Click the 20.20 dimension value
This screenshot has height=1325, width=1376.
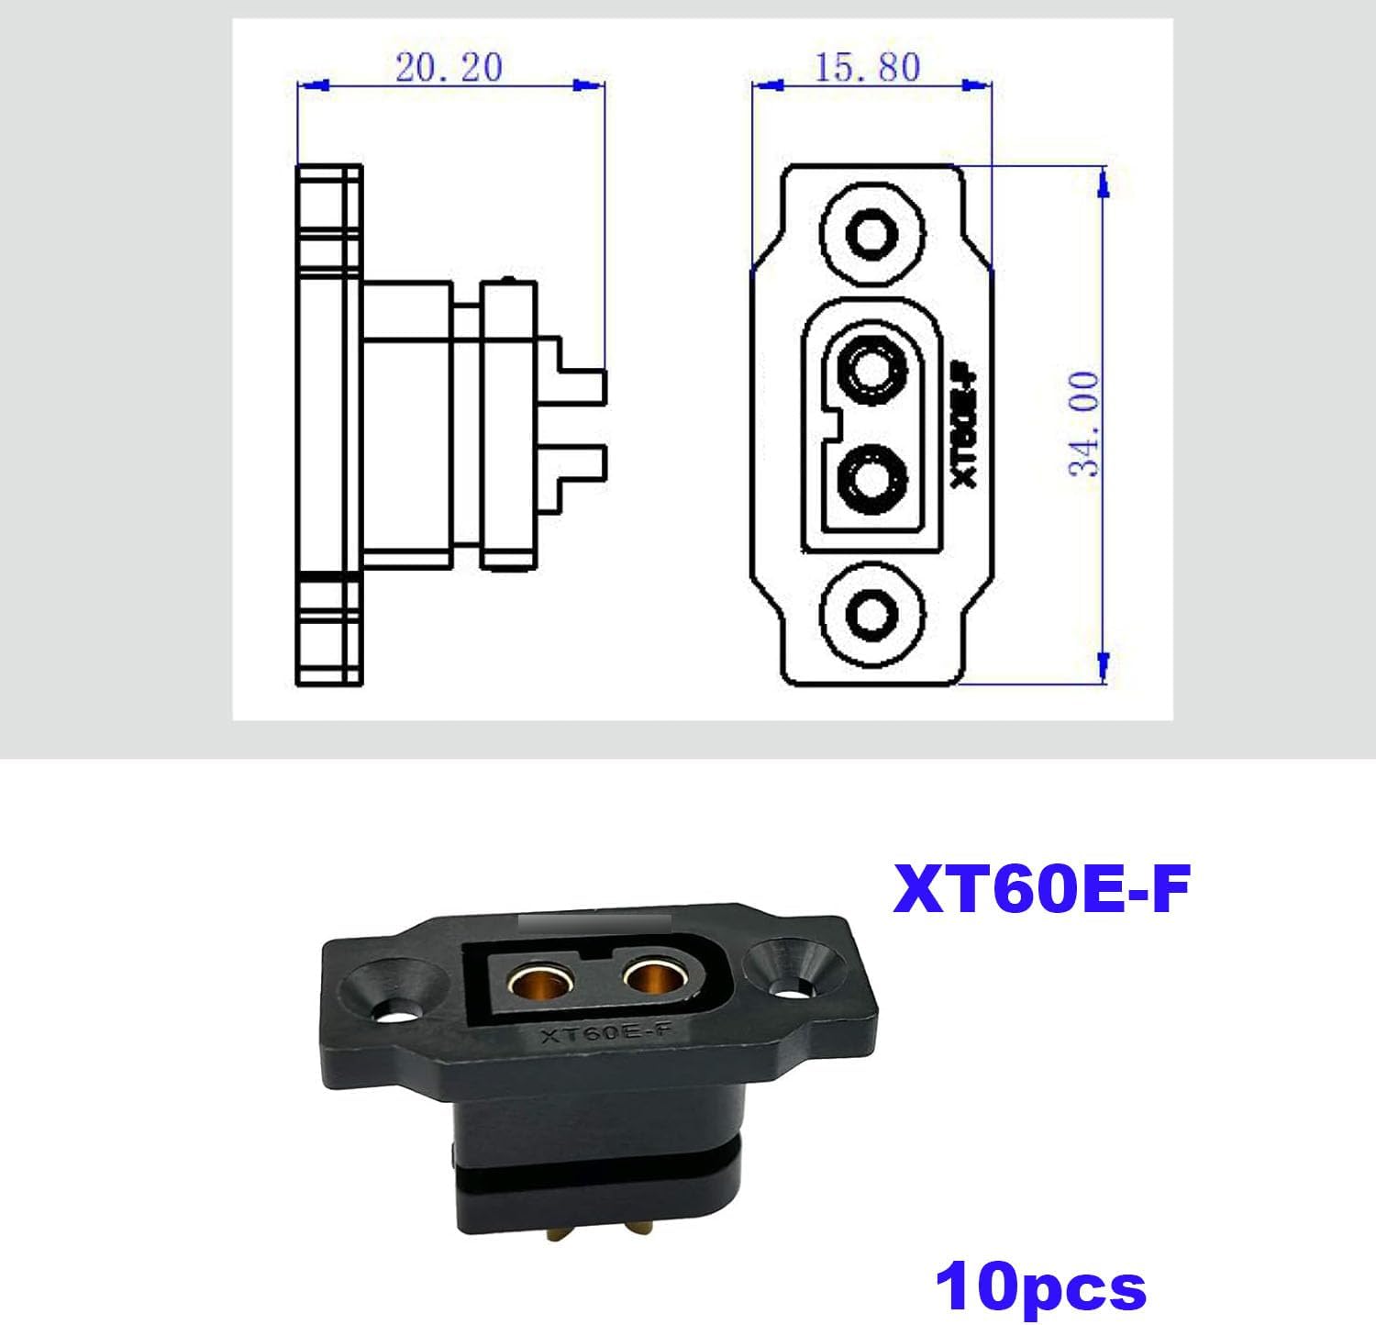tap(449, 67)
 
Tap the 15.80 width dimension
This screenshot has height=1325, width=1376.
tap(867, 67)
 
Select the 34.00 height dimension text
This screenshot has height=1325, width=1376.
tap(1084, 424)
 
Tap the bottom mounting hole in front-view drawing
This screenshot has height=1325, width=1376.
tap(870, 611)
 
